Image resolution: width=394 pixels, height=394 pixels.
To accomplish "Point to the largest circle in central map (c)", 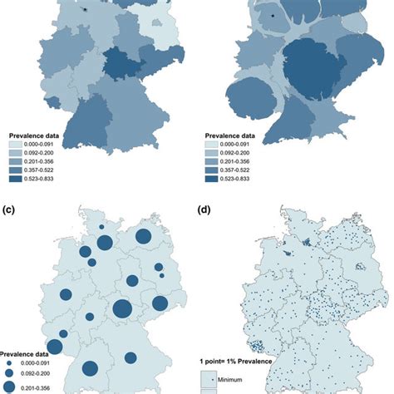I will click(x=122, y=309).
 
